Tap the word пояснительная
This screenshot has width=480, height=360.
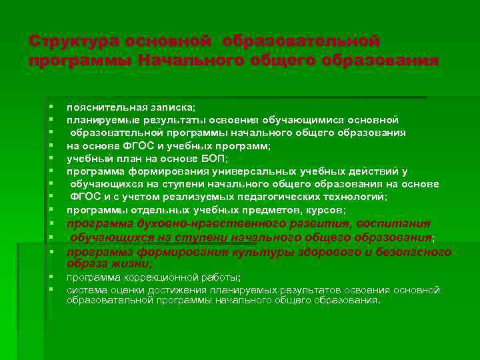(105, 107)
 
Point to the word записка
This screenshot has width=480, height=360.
(171, 107)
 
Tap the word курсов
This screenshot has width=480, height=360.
(324, 209)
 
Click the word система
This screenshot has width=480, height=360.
(86, 290)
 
